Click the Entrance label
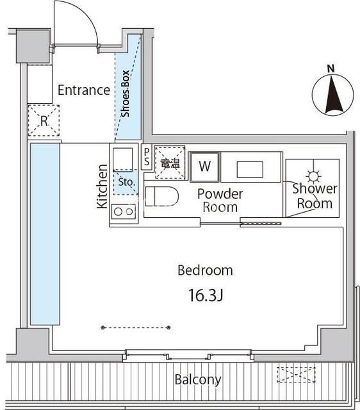(84, 90)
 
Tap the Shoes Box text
(125, 94)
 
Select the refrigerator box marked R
(44, 120)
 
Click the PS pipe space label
(147, 156)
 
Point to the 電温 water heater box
(170, 163)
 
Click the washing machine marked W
(204, 167)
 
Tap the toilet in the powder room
(161, 196)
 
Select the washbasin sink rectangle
(250, 169)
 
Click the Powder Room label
(220, 201)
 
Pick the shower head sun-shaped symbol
(313, 176)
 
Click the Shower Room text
(315, 196)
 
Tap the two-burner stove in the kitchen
(124, 211)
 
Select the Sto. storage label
(126, 182)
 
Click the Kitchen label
(102, 186)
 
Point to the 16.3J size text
(206, 295)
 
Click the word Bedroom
(205, 270)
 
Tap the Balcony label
(198, 380)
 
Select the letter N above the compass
(331, 69)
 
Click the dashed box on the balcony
(296, 375)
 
